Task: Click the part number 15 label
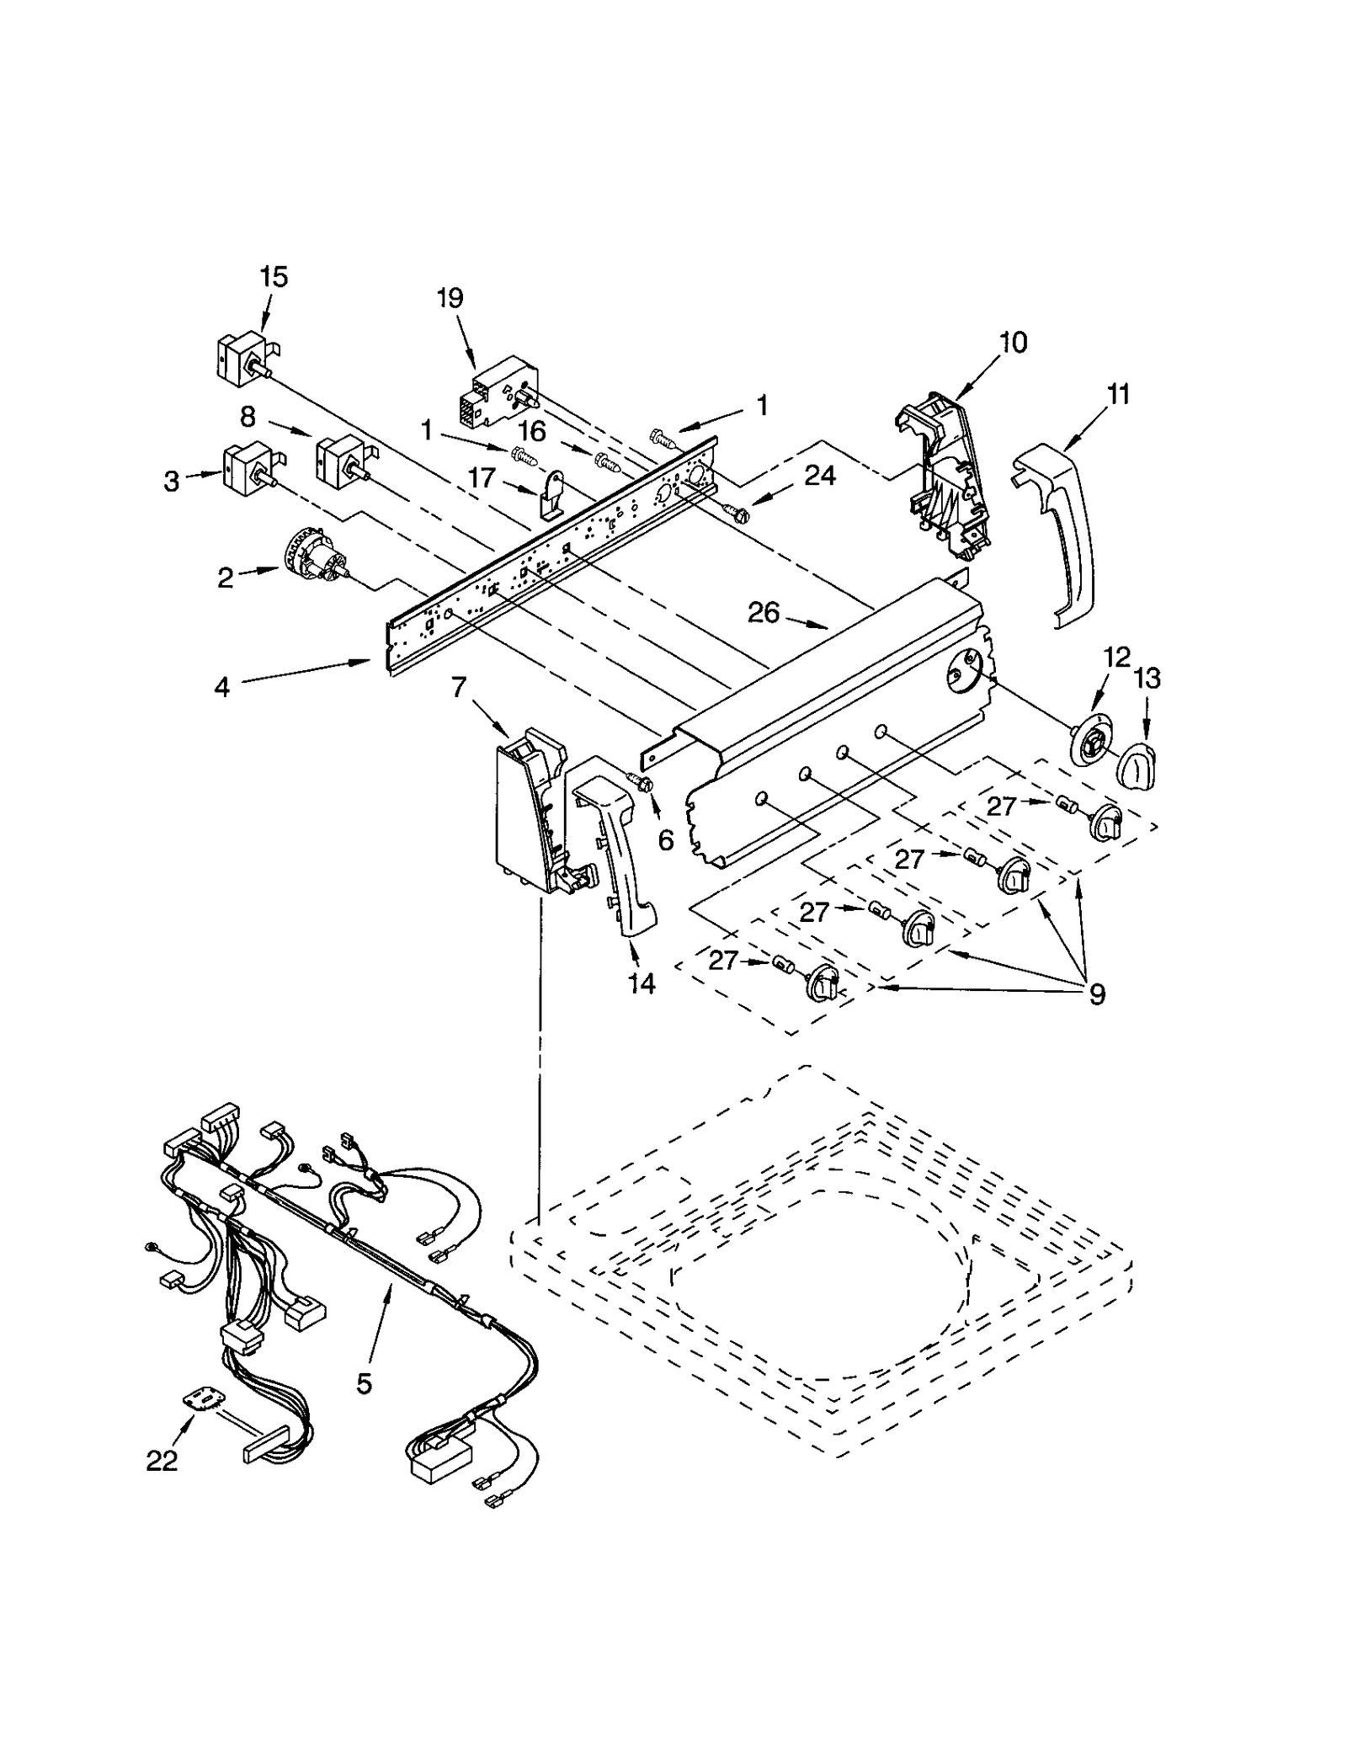tap(274, 276)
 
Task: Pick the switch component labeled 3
tap(247, 469)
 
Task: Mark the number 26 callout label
tap(764, 612)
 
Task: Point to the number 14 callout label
tap(642, 982)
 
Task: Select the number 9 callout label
tap(1097, 994)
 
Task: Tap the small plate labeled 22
tap(205, 1398)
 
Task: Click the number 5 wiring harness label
tap(364, 1382)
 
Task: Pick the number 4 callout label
tap(221, 687)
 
